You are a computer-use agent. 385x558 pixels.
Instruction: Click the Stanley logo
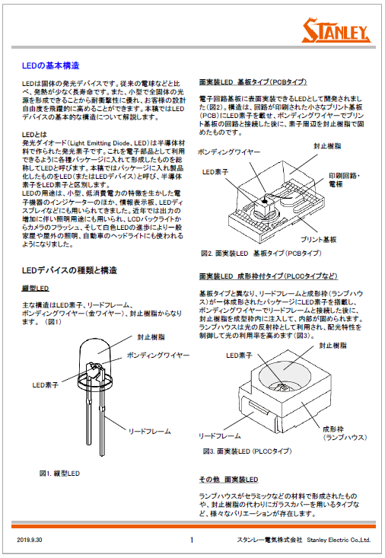coord(336,31)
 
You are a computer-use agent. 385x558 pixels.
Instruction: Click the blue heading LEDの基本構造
coord(51,66)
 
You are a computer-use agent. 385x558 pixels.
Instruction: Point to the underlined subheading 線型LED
coord(35,289)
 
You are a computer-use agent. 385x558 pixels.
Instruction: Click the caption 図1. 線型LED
coord(61,473)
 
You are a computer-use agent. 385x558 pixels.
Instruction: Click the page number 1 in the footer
coord(192,540)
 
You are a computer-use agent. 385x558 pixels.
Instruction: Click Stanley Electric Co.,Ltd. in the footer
coord(339,540)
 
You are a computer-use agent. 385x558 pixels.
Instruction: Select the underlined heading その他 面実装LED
coord(228,480)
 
